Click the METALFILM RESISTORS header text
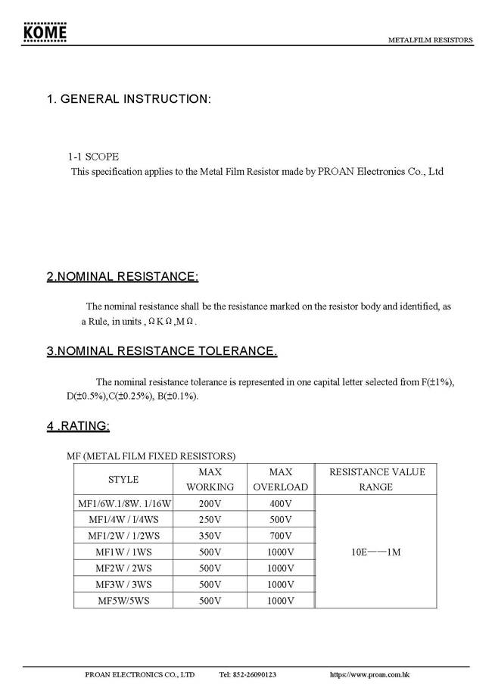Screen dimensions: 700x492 pos(430,40)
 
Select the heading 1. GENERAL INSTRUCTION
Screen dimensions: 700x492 pos(129,99)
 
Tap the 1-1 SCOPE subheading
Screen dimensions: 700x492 pos(93,157)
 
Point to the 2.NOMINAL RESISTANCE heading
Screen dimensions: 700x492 pos(123,277)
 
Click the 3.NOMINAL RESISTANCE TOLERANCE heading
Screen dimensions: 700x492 pos(162,351)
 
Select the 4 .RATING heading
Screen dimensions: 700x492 pos(78,426)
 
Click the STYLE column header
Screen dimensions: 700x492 pos(123,479)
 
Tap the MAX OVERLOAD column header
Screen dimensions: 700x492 pos(280,479)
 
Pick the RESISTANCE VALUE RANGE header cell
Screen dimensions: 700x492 pos(376,479)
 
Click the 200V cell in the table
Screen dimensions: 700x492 pos(210,503)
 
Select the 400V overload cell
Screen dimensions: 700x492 pos(280,503)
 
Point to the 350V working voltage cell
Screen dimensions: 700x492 pos(210,536)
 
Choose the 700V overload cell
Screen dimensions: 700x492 pos(280,536)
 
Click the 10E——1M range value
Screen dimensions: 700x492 pos(376,552)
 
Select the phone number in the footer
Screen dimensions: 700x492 pos(248,674)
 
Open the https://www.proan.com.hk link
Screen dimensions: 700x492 pos(370,674)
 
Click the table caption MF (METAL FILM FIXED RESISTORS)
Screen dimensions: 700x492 pos(151,456)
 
